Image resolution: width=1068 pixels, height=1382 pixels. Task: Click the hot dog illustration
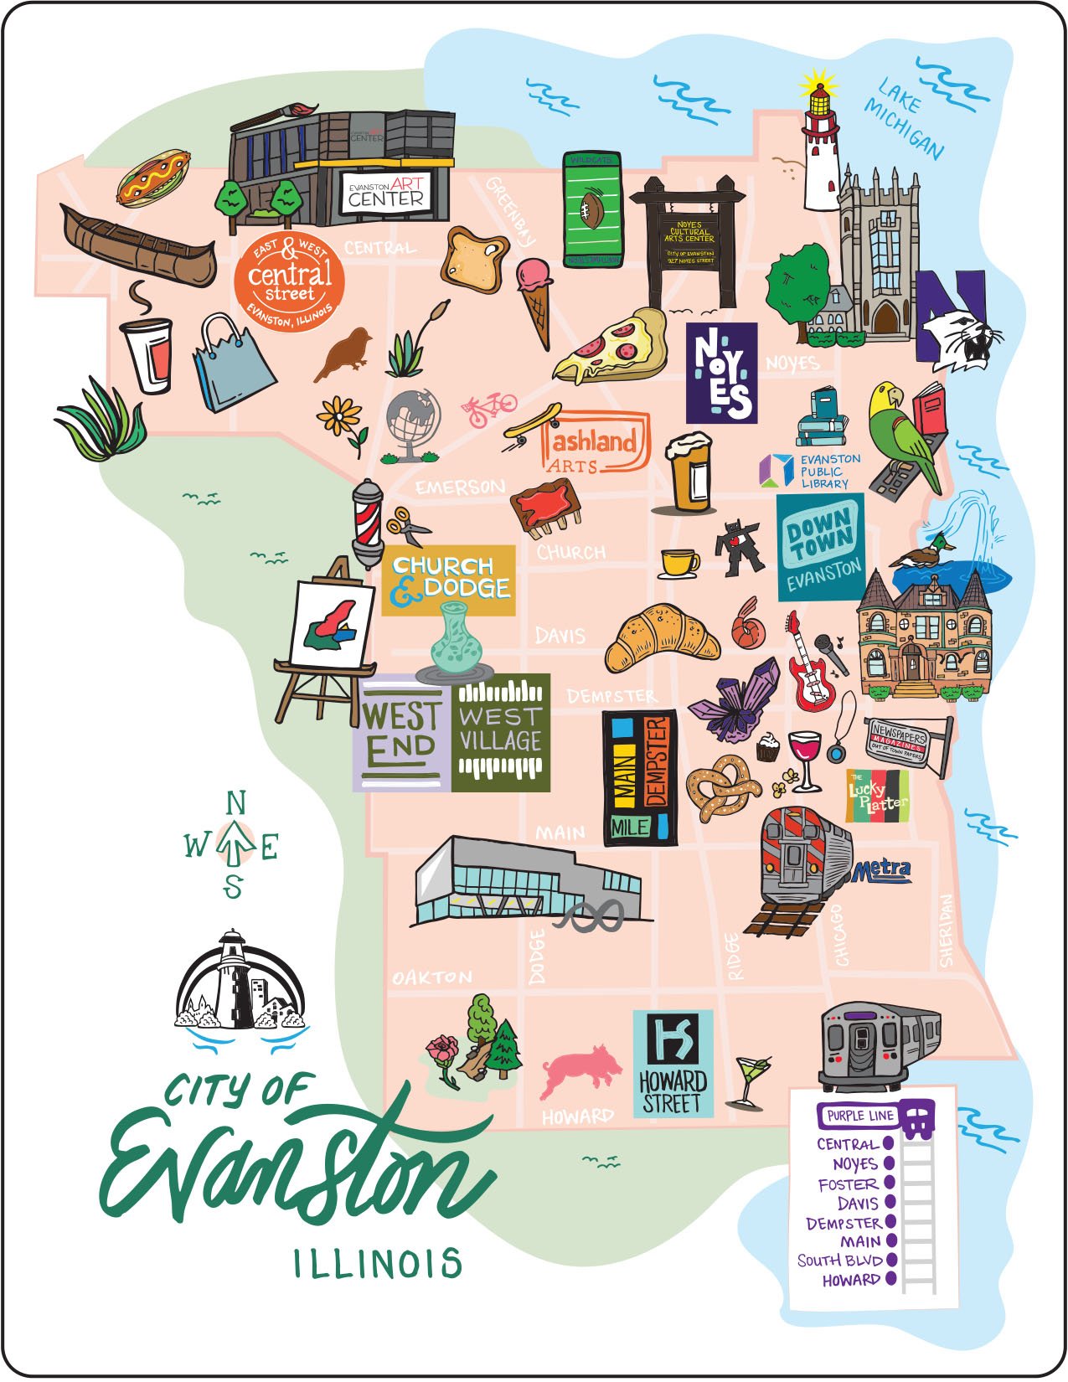pos(152,177)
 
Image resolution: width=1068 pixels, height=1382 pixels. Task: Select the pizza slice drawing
pos(611,348)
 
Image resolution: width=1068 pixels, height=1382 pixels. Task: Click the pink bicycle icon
pos(489,408)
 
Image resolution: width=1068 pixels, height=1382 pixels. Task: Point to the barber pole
pos(367,523)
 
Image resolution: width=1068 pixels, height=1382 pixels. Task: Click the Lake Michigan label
pos(905,117)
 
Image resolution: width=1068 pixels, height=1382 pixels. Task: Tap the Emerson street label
pos(461,487)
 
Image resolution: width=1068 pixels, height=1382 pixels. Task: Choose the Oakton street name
pos(432,977)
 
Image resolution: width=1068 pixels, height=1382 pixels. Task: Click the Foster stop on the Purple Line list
pos(849,1184)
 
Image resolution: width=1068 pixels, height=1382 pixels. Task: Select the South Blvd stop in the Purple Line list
pos(840,1261)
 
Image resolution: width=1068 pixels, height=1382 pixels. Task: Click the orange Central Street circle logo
pos(290,280)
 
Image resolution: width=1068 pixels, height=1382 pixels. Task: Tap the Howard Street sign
pos(673,1064)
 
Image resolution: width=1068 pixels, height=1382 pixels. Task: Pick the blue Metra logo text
pos(882,871)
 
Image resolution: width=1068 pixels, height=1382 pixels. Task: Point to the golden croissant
pos(662,638)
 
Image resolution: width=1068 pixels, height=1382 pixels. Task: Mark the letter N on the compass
pos(236,804)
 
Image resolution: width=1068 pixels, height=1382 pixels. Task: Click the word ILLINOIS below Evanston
pos(378,1264)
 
